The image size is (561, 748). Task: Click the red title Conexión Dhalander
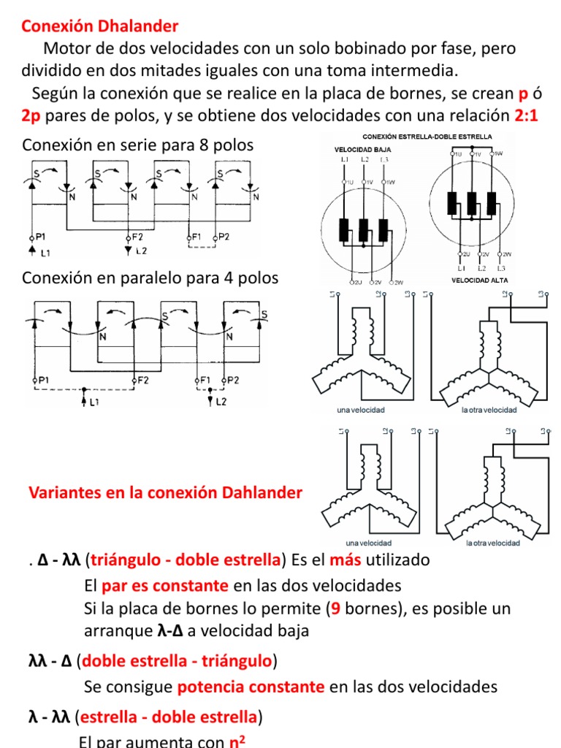pos(100,27)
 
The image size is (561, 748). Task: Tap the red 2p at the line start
pos(31,116)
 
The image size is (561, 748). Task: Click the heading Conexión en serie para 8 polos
pos(138,145)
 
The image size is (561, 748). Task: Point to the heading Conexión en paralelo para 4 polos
pos(150,278)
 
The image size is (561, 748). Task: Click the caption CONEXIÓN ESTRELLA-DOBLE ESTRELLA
pos(427,137)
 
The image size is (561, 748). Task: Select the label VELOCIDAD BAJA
pos(359,148)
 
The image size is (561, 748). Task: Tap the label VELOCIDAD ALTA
pos(478,280)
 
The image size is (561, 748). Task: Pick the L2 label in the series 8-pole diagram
pos(141,251)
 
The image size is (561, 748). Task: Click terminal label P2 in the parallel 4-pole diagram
pos(234,380)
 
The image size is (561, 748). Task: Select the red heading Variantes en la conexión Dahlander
pos(165,493)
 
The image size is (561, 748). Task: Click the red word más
pos(346,560)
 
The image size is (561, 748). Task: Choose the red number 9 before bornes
pos(336,608)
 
